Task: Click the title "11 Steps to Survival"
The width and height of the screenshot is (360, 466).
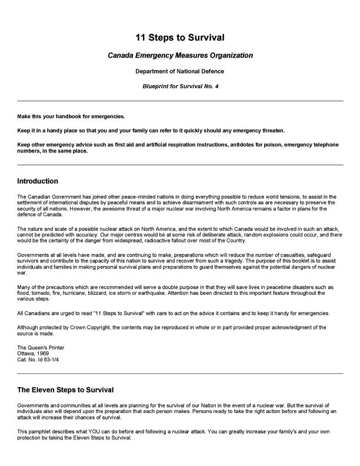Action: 180,38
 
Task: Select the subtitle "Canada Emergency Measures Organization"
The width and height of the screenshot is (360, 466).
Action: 180,55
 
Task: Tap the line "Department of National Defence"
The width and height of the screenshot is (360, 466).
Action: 180,71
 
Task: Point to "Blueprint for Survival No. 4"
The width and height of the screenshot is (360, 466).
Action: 180,86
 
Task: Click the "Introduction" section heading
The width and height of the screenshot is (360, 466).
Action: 38,181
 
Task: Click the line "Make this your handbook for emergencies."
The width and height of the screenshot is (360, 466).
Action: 71,116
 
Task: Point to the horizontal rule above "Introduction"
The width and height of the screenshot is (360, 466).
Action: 180,165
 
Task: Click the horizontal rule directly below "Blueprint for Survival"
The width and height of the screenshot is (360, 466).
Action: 180,101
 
